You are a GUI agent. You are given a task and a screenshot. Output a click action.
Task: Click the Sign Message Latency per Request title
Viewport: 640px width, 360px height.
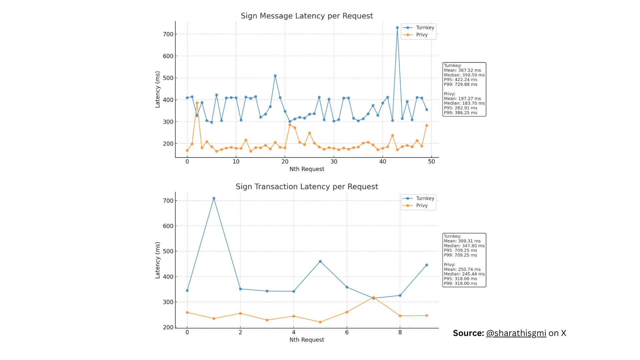(307, 16)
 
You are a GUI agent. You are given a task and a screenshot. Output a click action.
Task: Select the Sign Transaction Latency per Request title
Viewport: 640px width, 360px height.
(307, 187)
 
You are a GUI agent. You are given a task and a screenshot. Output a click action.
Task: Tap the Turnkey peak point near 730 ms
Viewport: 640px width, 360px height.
(397, 28)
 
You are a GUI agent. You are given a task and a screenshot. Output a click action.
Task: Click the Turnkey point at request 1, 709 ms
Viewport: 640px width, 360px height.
(214, 198)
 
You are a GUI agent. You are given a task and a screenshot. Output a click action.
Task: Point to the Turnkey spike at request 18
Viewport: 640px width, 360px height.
(275, 76)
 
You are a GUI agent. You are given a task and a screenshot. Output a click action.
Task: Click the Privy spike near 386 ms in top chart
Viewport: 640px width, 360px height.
(197, 103)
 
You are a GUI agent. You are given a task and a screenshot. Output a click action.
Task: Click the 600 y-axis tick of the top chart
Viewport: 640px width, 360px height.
(168, 56)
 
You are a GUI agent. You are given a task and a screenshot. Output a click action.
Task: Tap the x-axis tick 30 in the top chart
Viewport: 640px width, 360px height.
(334, 162)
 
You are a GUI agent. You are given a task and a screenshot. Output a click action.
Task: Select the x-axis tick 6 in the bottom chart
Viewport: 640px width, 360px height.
(347, 332)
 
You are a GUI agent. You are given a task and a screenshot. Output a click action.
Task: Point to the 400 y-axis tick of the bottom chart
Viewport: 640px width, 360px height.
(168, 277)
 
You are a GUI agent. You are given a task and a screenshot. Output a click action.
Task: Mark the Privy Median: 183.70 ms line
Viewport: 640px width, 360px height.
(464, 103)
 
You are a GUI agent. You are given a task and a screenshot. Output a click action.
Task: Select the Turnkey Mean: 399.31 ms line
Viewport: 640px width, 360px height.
(462, 241)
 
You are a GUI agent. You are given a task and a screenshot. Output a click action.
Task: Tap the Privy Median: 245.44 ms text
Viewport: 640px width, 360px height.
(464, 274)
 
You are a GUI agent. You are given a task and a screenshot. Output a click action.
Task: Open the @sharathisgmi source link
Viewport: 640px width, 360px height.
(516, 333)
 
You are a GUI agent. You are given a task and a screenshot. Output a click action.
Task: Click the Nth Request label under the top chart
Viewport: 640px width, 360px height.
(307, 169)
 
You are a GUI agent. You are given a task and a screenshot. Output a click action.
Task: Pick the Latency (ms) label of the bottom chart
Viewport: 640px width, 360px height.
(158, 260)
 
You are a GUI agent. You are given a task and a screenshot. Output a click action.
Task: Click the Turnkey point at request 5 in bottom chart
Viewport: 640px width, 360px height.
(320, 262)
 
